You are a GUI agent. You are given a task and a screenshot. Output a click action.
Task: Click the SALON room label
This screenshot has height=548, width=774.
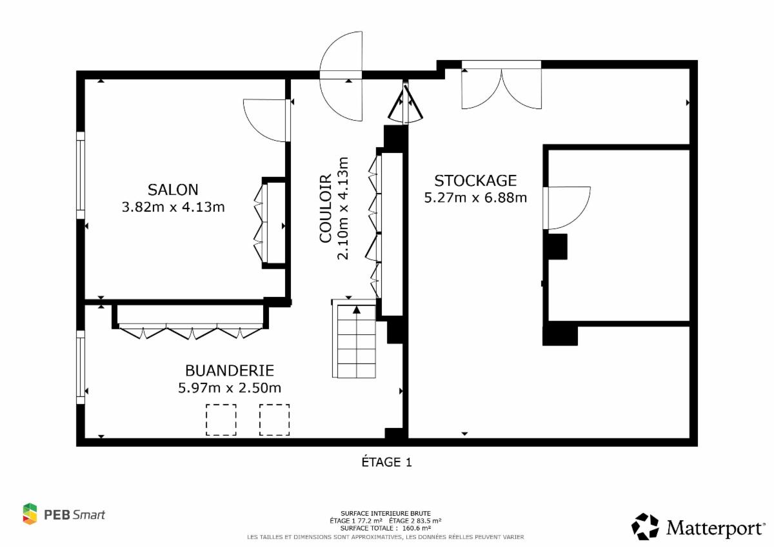[x=173, y=190]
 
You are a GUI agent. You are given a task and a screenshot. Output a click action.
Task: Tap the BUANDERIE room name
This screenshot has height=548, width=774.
[x=230, y=370]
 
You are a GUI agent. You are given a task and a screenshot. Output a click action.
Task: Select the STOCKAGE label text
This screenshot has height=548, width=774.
[x=475, y=181]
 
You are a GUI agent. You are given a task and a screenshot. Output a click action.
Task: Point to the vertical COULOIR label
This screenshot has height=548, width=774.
[x=325, y=208]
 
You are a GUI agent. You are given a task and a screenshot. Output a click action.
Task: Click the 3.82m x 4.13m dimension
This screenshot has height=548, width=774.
[x=173, y=207]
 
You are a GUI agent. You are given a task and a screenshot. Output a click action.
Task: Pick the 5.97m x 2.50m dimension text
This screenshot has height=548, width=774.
[x=230, y=388]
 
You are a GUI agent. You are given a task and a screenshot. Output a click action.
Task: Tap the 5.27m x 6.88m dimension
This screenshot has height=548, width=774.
[x=475, y=198]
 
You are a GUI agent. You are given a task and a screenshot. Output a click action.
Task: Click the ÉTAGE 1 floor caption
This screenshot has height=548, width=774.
[x=386, y=462]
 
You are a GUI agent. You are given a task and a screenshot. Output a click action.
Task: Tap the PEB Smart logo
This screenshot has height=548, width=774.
[x=64, y=515]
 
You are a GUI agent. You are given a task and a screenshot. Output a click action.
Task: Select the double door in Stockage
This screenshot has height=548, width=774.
[x=502, y=85]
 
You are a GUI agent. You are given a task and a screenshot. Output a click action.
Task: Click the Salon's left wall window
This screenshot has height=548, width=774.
[x=81, y=175]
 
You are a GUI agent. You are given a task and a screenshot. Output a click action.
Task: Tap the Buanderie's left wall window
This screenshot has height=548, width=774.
[x=81, y=367]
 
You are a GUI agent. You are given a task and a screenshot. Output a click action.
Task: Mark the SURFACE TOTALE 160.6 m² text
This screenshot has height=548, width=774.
[x=386, y=528]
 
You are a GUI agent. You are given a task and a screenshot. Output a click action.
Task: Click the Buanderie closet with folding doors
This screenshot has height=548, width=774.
[x=190, y=321]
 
